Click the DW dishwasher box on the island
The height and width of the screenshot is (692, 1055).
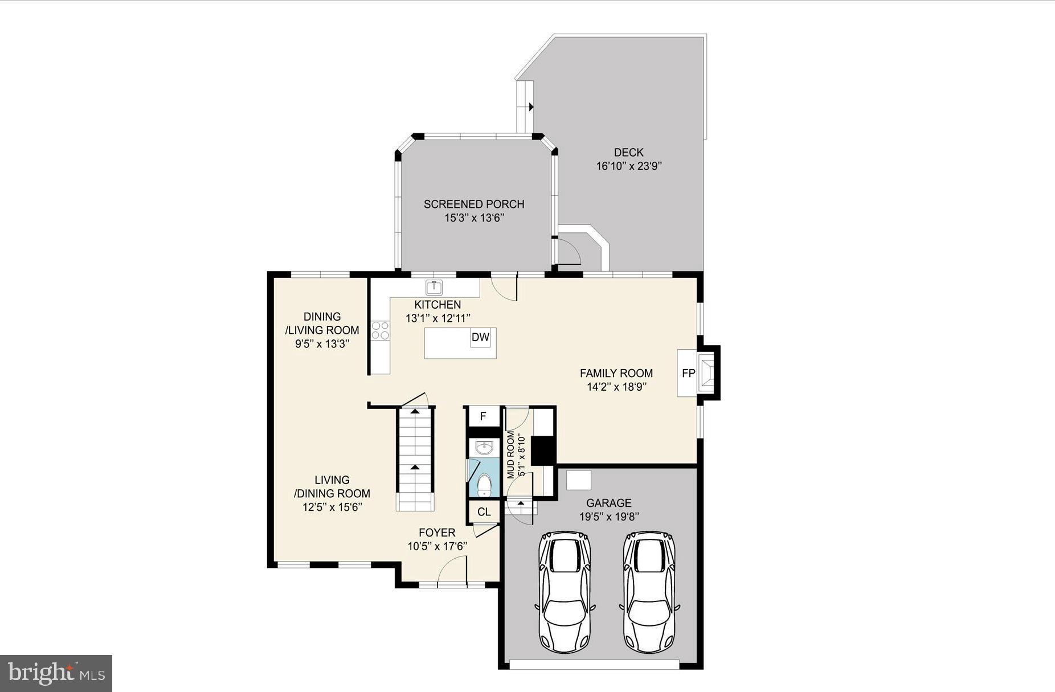click(x=480, y=337)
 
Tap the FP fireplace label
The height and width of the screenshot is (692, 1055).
click(x=688, y=374)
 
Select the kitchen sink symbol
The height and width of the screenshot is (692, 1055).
click(x=435, y=286)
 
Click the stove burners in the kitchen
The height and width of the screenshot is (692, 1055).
click(x=380, y=331)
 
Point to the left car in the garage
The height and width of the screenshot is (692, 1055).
click(x=565, y=592)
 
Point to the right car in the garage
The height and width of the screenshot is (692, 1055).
click(x=649, y=592)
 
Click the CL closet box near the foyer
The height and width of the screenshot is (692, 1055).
click(x=484, y=512)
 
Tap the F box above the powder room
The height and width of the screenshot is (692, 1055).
click(x=483, y=416)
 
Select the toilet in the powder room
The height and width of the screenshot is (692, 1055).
click(x=484, y=485)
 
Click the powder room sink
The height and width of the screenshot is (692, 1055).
click(x=484, y=448)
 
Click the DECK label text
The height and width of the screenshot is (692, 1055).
click(x=628, y=153)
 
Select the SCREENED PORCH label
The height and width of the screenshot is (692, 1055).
click(x=474, y=204)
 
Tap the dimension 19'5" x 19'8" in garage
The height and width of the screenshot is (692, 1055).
click(x=609, y=517)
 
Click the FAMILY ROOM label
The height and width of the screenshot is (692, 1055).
click(x=616, y=373)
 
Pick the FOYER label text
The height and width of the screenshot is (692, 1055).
click(x=437, y=533)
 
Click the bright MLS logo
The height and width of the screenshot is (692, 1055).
click(x=56, y=673)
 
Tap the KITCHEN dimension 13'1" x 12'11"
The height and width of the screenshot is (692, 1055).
click(x=437, y=318)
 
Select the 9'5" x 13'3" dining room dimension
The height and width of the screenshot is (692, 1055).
click(x=322, y=343)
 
